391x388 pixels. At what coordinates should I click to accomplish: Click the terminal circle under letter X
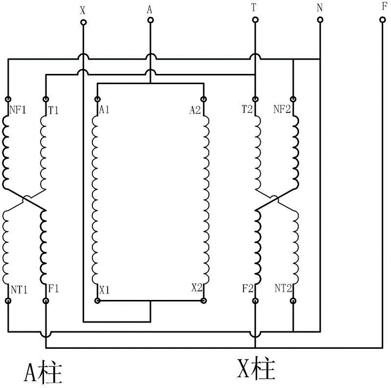tap(83, 23)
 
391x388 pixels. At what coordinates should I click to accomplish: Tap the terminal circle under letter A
tap(150, 20)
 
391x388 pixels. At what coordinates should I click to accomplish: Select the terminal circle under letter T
tap(255, 20)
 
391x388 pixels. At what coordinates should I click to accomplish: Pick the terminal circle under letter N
tap(320, 20)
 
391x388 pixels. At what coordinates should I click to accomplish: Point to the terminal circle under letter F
tap(383, 20)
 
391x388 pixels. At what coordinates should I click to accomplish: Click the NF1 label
tap(18, 110)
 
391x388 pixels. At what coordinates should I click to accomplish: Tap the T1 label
tap(53, 110)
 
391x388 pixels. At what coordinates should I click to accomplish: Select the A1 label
tap(104, 110)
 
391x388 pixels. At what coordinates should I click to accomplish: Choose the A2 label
tap(195, 110)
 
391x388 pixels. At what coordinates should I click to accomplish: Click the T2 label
tap(247, 109)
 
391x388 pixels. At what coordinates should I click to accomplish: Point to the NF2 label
tap(282, 109)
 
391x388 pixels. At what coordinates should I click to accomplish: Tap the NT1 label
tap(19, 290)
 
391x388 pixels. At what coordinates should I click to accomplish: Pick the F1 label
tap(53, 289)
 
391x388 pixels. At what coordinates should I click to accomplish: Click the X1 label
tap(105, 290)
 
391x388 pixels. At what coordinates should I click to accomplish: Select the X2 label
tap(197, 288)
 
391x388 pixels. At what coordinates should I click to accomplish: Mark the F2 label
tap(248, 289)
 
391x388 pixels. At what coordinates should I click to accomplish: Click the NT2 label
tap(283, 288)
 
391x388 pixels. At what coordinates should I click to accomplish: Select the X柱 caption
tap(256, 368)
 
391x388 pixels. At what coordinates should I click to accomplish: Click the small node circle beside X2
tap(204, 301)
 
